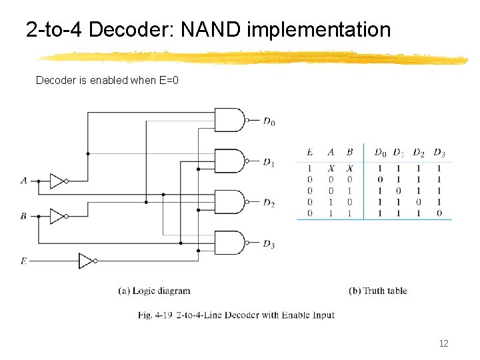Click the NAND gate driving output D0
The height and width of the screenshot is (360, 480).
(x=230, y=121)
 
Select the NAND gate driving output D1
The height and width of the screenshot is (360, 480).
(x=230, y=161)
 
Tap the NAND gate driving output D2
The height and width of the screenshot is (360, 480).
(x=230, y=201)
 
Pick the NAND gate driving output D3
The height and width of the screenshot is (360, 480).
(x=230, y=243)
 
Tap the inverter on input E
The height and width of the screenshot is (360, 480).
(x=87, y=261)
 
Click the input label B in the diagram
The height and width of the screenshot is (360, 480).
(x=24, y=216)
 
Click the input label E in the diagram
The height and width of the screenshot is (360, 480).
(x=24, y=261)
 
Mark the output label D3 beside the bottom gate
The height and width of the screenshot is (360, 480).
(x=269, y=245)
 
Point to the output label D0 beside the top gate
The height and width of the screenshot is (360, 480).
(x=269, y=122)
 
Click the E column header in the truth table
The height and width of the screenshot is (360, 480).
(x=309, y=153)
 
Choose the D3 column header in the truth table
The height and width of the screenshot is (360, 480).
(x=439, y=153)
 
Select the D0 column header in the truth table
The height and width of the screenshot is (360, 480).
(x=380, y=153)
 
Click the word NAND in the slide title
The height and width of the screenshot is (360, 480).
(x=213, y=30)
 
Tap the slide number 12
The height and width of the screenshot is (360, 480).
(x=443, y=343)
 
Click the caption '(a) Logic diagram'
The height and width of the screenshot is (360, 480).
(x=154, y=291)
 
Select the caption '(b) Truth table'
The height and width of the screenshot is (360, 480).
(x=377, y=291)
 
